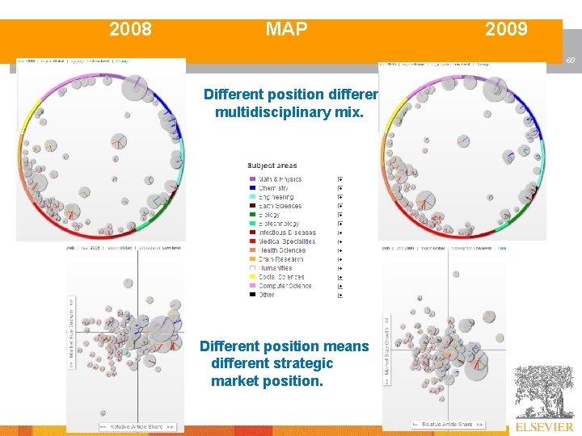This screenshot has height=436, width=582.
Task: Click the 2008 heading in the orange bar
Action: [x=130, y=30]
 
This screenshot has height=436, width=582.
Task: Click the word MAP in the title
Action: [x=286, y=30]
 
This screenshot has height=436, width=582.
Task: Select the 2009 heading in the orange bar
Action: [x=506, y=30]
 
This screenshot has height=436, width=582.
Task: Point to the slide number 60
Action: [x=569, y=61]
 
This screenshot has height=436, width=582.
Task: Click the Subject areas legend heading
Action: [x=272, y=166]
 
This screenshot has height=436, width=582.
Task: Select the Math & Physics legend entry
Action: [x=280, y=179]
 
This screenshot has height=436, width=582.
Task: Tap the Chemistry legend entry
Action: [x=274, y=188]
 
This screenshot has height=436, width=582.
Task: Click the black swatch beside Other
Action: [x=252, y=295]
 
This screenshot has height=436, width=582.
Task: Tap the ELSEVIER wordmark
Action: [x=543, y=426]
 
